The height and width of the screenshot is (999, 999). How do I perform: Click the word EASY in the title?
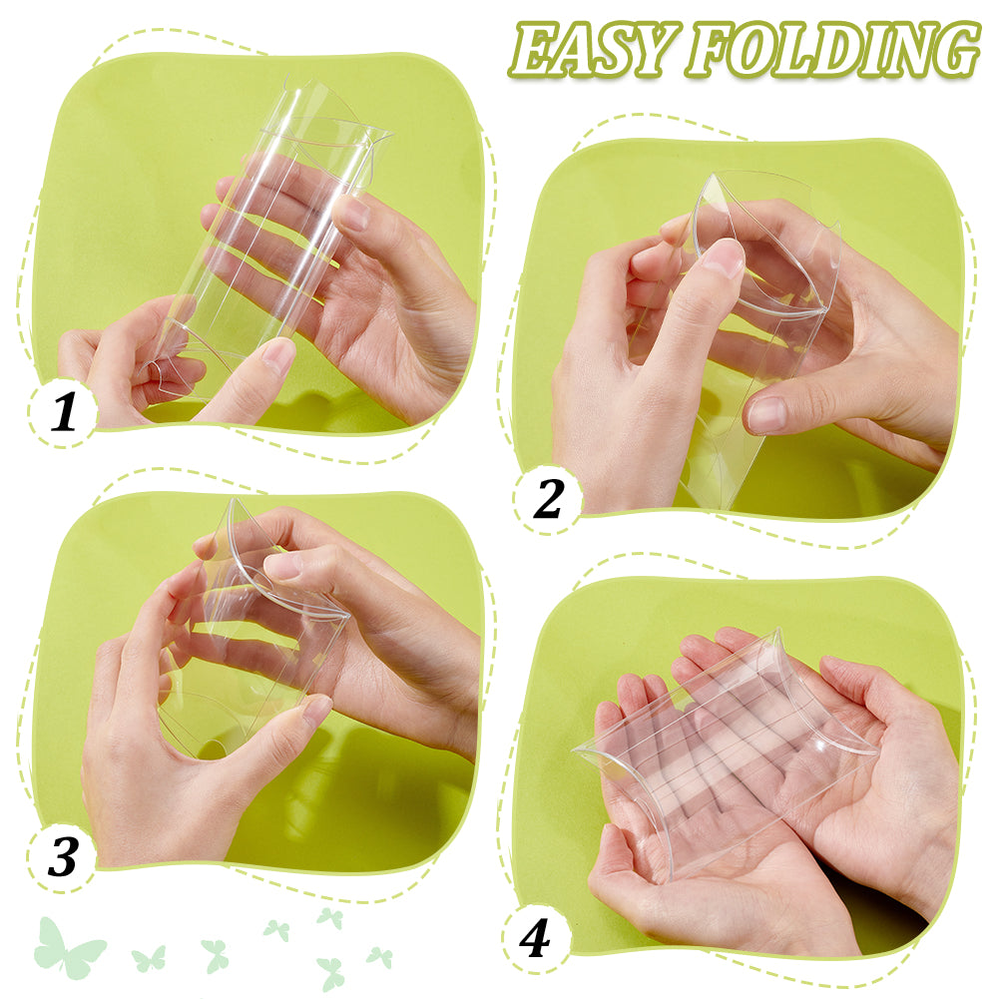point(591,50)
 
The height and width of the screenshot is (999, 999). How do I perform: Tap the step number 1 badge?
point(63,412)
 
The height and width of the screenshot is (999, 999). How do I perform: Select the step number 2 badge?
point(548,499)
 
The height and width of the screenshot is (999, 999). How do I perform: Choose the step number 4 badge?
point(535,939)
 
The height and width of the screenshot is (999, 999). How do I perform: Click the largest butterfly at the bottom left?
point(67,948)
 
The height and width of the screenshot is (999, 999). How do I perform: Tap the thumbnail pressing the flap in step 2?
point(724,257)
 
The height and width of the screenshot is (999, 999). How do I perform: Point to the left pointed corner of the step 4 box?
point(575,749)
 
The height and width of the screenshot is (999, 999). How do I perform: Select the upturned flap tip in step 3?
point(235,503)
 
